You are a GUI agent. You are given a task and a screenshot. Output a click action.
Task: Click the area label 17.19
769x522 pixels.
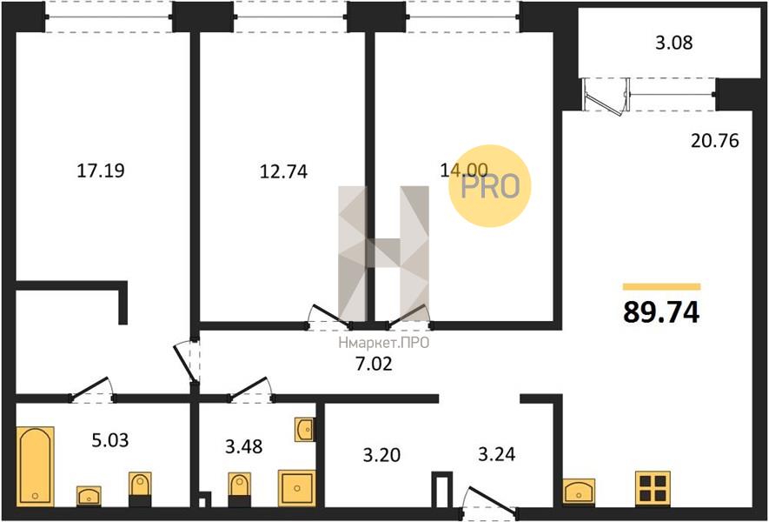tap(101, 171)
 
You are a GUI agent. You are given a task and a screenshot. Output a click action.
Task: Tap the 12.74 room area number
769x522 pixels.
tap(283, 171)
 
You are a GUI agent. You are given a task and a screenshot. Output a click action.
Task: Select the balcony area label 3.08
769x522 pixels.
tap(674, 43)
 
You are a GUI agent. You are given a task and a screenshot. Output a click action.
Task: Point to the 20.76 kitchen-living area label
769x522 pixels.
tap(714, 141)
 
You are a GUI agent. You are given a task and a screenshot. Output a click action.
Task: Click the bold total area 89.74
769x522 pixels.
tap(661, 311)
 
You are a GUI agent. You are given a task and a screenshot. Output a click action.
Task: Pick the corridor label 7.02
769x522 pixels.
tap(374, 364)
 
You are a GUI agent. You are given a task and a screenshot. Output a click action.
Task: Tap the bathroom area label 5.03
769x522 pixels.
tap(110, 440)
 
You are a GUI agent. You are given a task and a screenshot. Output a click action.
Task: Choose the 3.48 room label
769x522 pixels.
tap(244, 446)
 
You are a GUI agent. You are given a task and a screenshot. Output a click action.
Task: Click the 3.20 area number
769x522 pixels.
tap(381, 455)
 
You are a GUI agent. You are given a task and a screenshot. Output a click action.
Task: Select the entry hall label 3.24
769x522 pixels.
tap(496, 454)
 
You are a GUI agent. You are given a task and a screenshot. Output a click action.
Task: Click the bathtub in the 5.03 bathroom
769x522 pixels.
tap(35, 466)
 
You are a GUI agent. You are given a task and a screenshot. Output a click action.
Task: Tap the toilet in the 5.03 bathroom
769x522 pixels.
tap(140, 490)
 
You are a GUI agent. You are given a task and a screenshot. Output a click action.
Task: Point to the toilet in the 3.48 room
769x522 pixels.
tap(240, 490)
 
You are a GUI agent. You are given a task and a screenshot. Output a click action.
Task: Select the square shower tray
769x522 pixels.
tap(296, 487)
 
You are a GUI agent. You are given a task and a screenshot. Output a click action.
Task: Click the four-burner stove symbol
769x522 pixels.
tap(653, 487)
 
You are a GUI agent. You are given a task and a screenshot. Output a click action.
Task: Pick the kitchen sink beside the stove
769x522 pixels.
tap(579, 491)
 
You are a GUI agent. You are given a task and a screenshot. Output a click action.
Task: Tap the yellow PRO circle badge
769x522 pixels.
tap(490, 185)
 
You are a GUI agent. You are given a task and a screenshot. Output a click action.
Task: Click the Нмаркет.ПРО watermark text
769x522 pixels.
tap(383, 342)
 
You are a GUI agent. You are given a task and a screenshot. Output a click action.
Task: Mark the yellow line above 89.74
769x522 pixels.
tap(661, 287)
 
